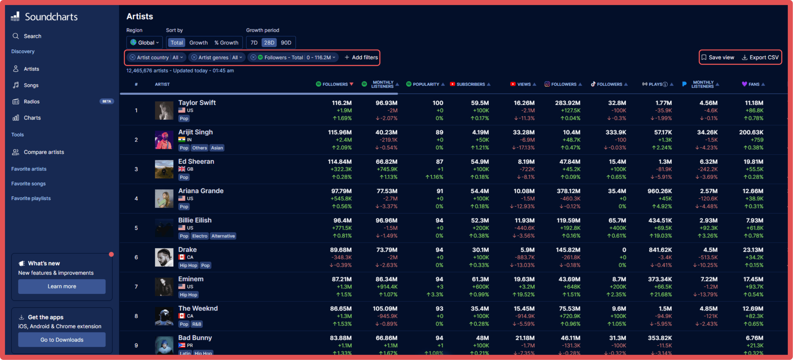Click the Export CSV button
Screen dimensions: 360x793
click(760, 58)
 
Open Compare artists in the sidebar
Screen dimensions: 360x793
click(44, 152)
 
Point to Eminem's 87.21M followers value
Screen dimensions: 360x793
click(341, 279)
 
